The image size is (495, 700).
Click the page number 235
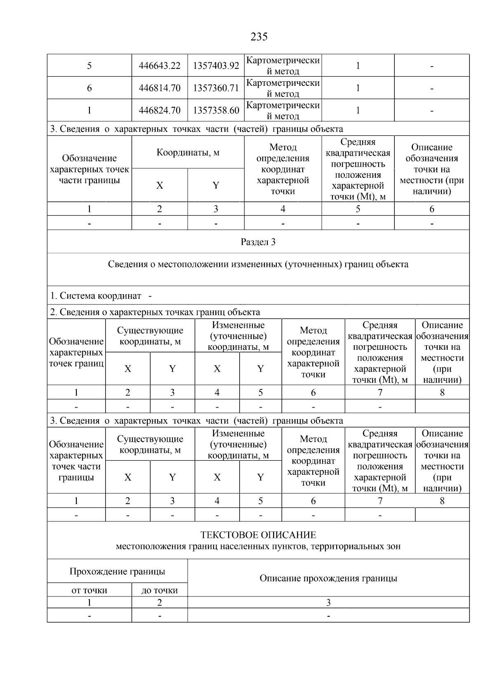pos(259,37)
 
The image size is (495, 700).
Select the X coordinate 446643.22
pos(160,66)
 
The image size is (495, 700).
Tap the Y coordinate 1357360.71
pos(216,88)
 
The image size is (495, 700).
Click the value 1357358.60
pos(216,111)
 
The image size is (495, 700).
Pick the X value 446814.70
pos(160,88)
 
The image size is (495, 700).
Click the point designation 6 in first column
pos(89,88)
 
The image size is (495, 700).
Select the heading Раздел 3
pos(258,242)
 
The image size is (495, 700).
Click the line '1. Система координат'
pos(96,296)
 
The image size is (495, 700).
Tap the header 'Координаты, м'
pos(188,153)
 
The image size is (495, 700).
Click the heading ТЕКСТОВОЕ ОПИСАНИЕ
pos(258,535)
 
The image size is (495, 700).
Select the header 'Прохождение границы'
pos(117,572)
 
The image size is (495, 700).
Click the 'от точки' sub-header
pos(89,591)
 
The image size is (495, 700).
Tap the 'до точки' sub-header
pos(160,591)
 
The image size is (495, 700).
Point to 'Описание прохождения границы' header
pos(328,578)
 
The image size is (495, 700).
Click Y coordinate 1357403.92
pos(216,66)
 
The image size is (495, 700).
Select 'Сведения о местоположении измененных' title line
pos(258,264)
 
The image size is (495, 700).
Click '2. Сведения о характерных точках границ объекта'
pos(155,312)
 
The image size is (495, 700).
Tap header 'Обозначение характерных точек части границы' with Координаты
pos(89,169)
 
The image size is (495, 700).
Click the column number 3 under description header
pos(328,603)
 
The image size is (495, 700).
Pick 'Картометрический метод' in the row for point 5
pos(283,66)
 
